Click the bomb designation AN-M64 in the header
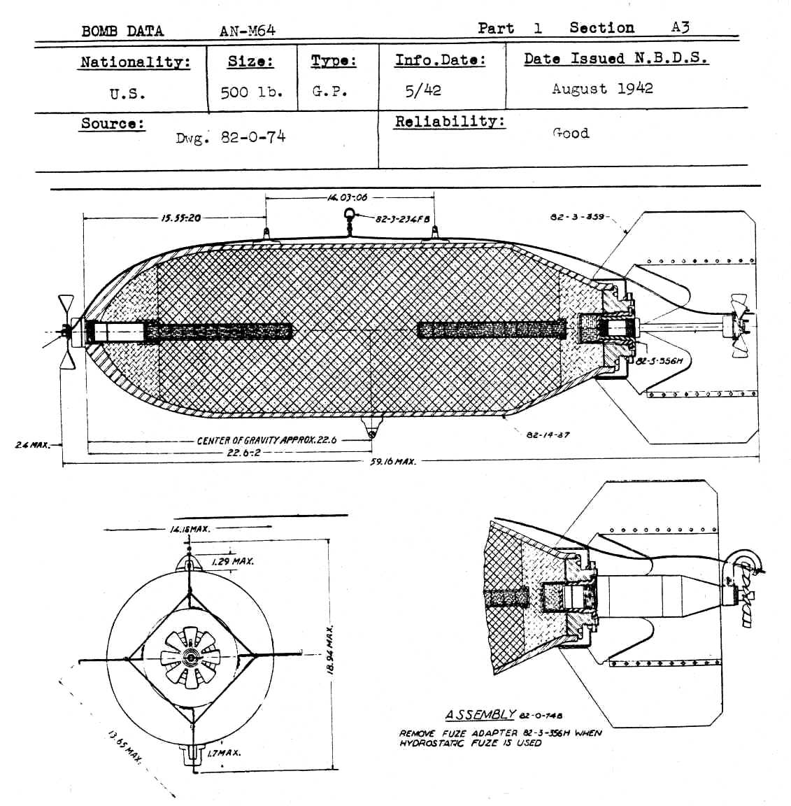click(247, 30)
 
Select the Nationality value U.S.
click(127, 94)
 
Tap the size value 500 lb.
click(251, 92)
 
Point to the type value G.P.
click(329, 92)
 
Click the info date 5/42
click(422, 90)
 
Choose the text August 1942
click(602, 89)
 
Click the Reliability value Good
click(571, 133)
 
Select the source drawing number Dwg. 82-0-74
click(231, 137)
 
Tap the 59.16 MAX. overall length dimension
click(392, 462)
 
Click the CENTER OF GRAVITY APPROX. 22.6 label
click(266, 440)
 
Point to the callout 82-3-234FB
click(402, 219)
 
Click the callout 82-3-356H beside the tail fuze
click(659, 361)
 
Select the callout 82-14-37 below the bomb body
click(548, 434)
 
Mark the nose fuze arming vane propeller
click(66, 331)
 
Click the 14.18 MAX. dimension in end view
click(190, 529)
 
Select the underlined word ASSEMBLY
click(480, 714)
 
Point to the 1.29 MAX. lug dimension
click(232, 561)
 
